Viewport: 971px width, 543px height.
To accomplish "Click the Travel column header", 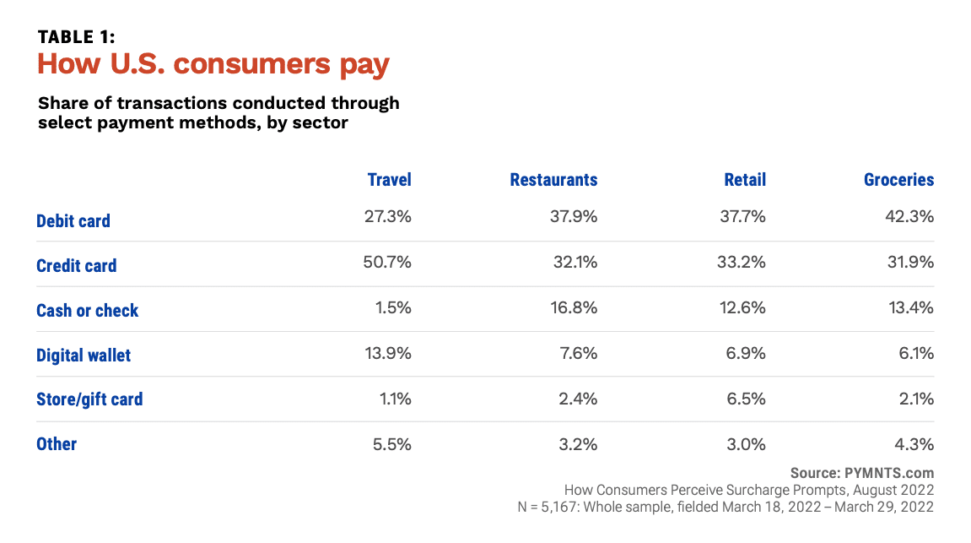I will click(389, 180).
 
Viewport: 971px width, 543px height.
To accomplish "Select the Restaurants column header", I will click(553, 180).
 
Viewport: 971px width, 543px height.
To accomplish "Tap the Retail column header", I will click(745, 180).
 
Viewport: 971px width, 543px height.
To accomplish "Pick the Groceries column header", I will click(898, 180).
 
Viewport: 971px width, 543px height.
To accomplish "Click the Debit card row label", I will click(73, 221).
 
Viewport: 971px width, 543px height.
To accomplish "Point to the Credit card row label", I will click(77, 266).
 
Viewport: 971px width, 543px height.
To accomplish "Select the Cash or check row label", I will click(87, 311).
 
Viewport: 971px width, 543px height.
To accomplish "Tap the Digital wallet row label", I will click(84, 356).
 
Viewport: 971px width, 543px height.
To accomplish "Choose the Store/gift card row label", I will click(89, 399).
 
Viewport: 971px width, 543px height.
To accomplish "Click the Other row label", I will click(57, 444).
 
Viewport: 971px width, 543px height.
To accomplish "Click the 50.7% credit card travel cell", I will click(386, 262).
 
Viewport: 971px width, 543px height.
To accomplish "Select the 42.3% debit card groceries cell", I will click(909, 217).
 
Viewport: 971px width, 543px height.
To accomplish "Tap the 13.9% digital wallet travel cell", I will click(387, 353).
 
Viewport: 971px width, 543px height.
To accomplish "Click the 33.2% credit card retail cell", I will click(742, 262).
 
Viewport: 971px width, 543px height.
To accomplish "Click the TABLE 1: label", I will click(76, 37).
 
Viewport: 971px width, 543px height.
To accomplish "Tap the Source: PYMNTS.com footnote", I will click(862, 473).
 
